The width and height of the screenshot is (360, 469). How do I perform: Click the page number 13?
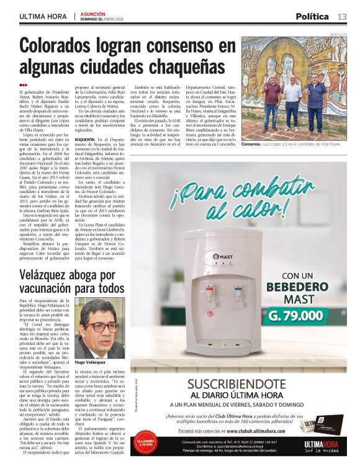(x=342, y=17)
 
